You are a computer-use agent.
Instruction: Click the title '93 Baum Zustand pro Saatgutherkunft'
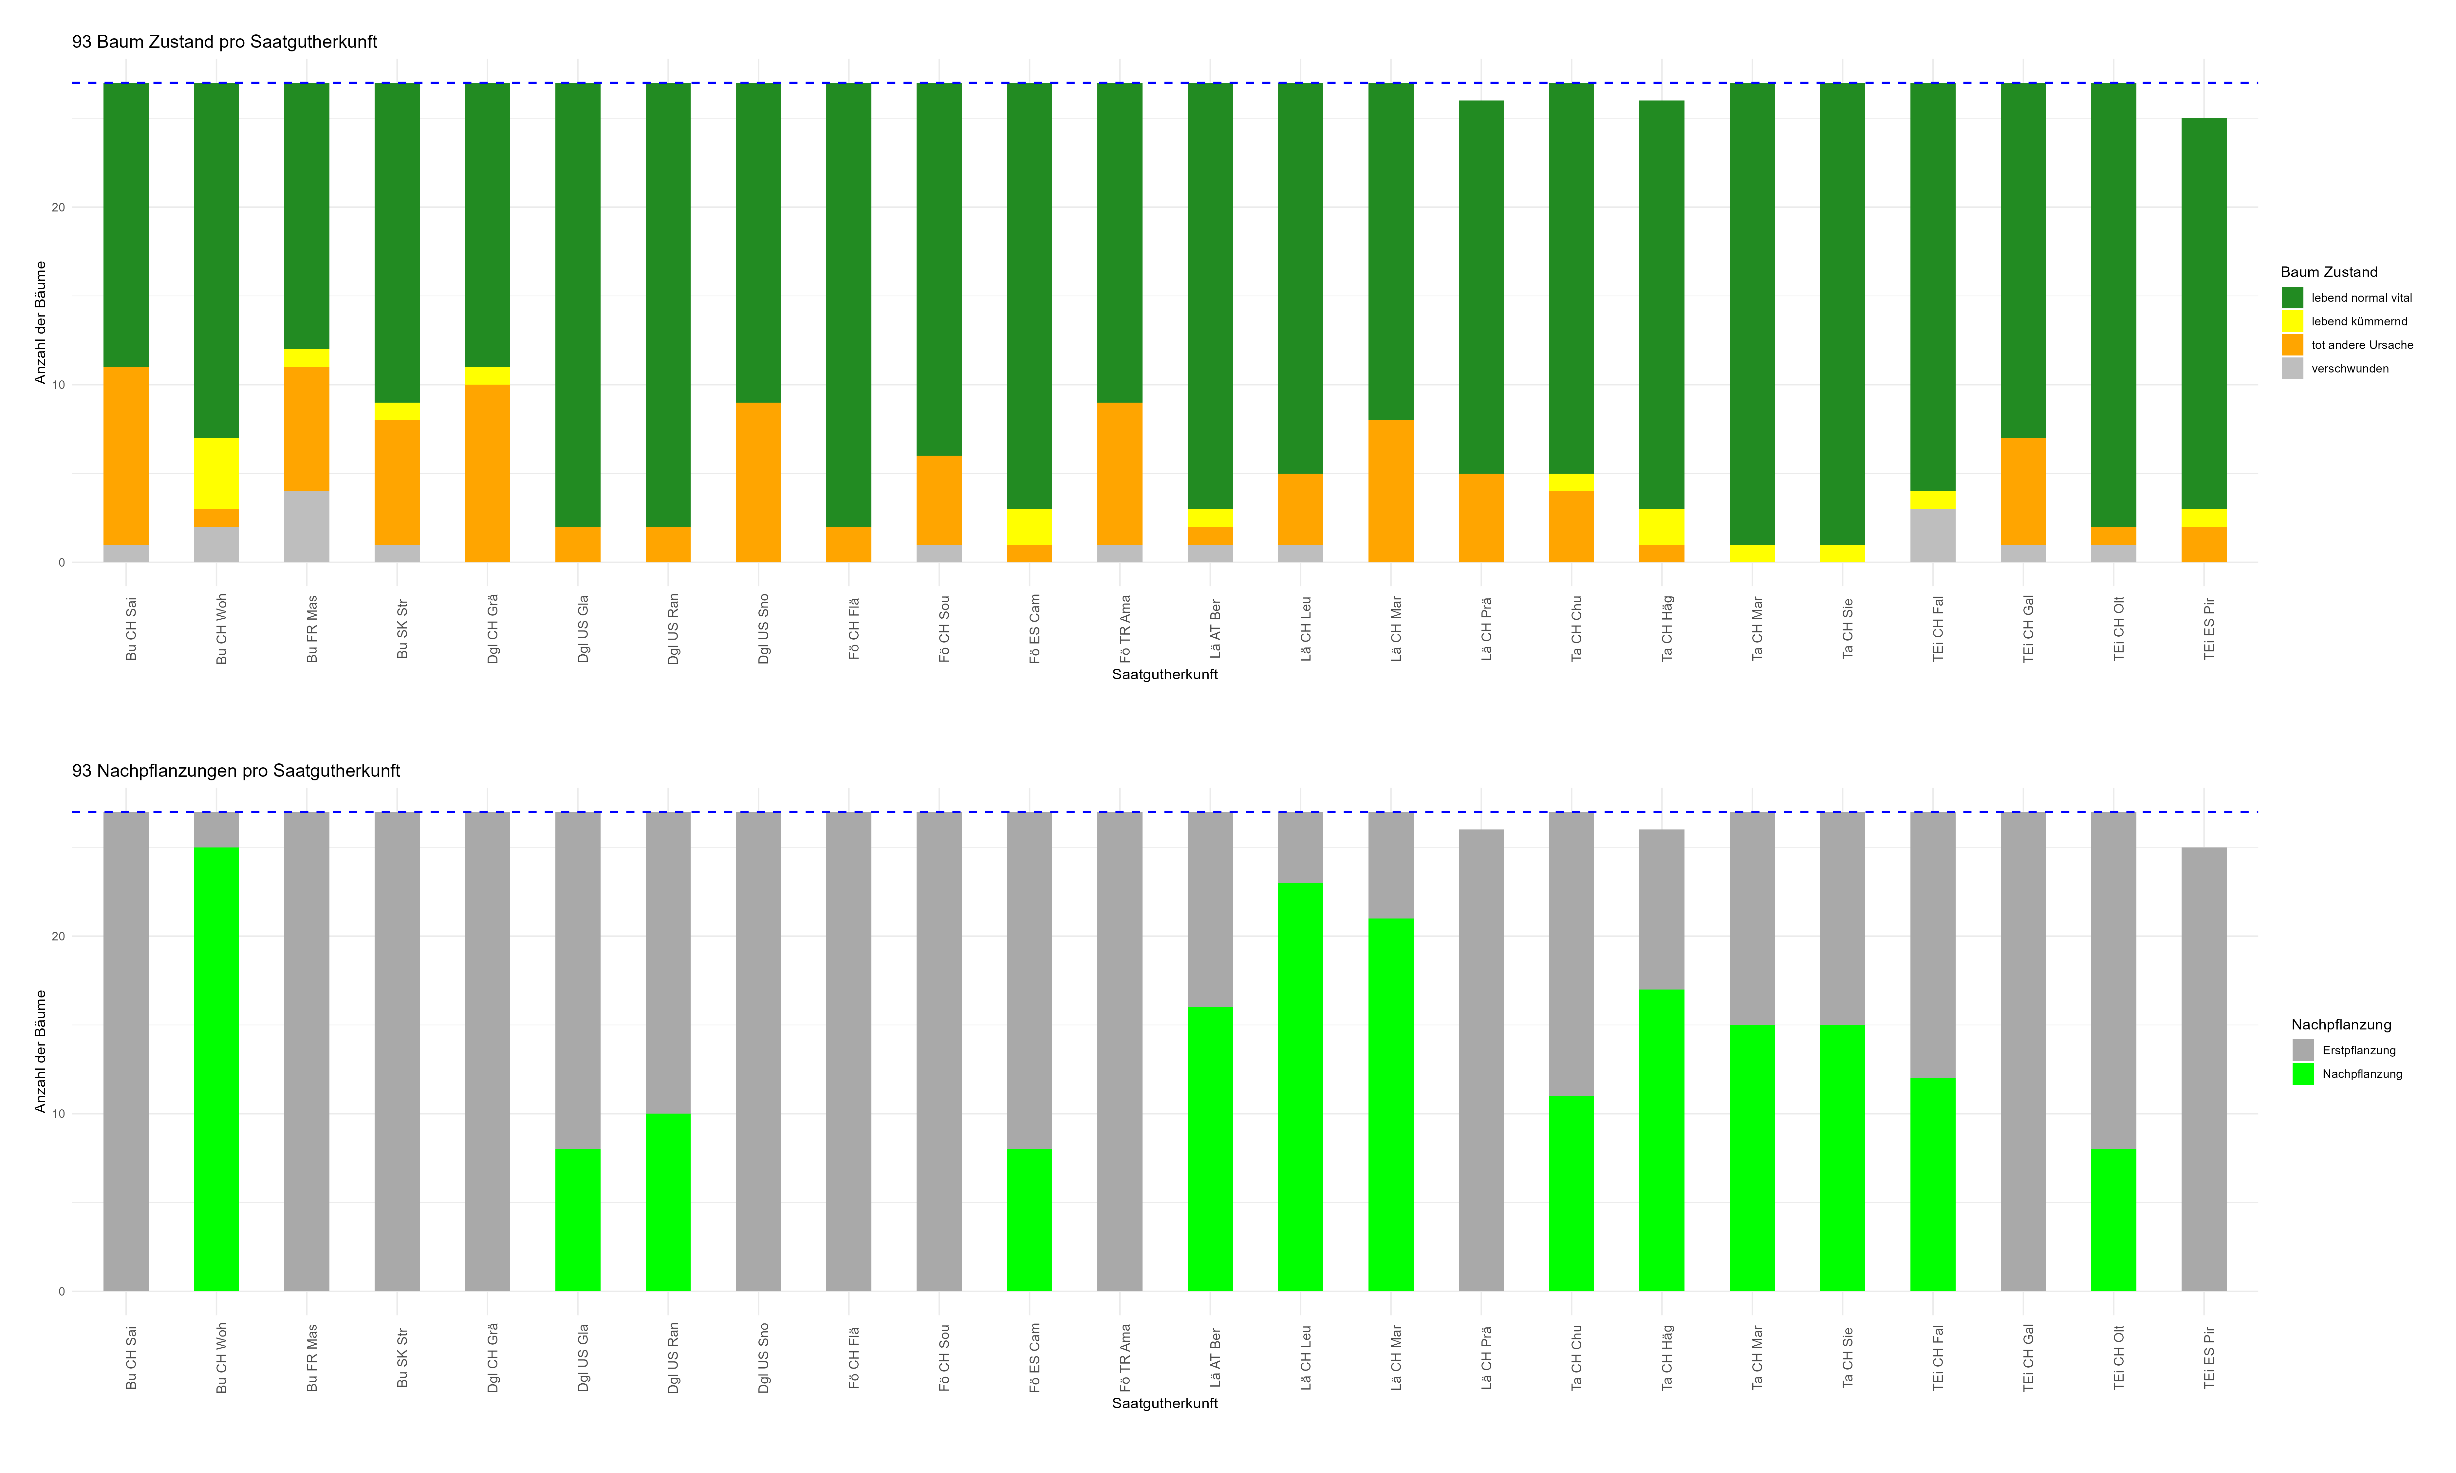(224, 42)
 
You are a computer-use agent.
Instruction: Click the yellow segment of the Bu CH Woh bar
(216, 473)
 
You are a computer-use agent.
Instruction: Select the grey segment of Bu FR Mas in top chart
(307, 527)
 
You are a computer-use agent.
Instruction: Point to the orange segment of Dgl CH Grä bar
(487, 473)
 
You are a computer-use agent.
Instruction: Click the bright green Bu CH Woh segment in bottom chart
(216, 1069)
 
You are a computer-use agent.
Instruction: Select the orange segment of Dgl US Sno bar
(758, 482)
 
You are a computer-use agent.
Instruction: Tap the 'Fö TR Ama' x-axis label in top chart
(1125, 629)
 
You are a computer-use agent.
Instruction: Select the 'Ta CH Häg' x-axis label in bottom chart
(1667, 1358)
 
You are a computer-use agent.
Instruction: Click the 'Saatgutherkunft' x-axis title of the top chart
(1164, 675)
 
